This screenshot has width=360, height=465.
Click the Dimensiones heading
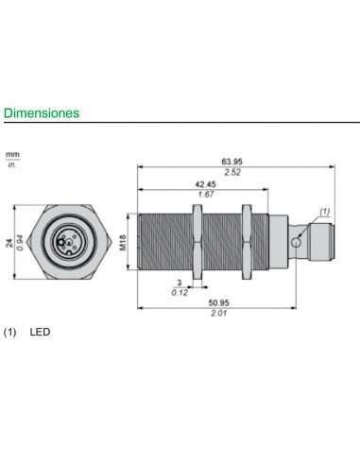[x=41, y=112]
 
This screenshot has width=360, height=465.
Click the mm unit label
[x=13, y=152]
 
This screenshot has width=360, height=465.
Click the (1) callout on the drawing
[x=324, y=211]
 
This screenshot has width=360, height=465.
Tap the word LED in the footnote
[x=40, y=333]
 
